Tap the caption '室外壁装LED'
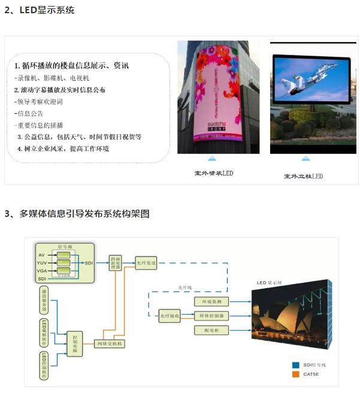point(213,173)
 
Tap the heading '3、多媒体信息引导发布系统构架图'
point(77,214)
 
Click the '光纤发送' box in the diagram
point(145,262)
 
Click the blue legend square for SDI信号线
point(295,364)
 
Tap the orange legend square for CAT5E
point(295,375)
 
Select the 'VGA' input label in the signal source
point(41,270)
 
